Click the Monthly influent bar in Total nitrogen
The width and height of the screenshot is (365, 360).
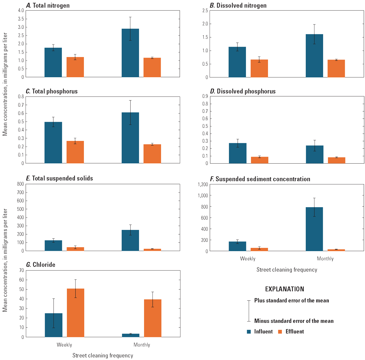pyautogui.click(x=130, y=53)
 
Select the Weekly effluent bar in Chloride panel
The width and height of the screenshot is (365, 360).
pyautogui.click(x=76, y=313)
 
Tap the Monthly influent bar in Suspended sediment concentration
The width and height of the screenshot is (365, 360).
pyautogui.click(x=314, y=229)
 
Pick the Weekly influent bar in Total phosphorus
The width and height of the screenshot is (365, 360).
pyautogui.click(x=53, y=143)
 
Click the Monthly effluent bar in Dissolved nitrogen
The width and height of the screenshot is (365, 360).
pyautogui.click(x=336, y=69)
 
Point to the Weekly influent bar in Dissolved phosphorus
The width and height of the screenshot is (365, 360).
pyautogui.click(x=238, y=153)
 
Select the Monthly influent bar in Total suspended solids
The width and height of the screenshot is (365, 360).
pyautogui.click(x=130, y=240)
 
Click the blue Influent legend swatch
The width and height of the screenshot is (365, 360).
pyautogui.click(x=249, y=332)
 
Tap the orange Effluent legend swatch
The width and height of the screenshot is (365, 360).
pyautogui.click(x=280, y=332)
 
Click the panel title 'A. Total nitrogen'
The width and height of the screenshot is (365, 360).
pyautogui.click(x=48, y=5)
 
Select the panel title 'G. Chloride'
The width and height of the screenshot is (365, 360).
pyautogui.click(x=41, y=265)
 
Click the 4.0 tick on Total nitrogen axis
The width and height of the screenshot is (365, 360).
pyautogui.click(x=21, y=11)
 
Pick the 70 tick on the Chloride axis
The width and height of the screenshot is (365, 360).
pyautogui.click(x=21, y=270)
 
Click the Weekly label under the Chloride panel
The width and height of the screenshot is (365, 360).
pyautogui.click(x=64, y=345)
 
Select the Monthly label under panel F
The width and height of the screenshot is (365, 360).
pyautogui.click(x=325, y=259)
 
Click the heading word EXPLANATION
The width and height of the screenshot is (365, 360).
pyautogui.click(x=284, y=289)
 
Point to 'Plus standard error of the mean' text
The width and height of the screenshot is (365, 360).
pyautogui.click(x=291, y=300)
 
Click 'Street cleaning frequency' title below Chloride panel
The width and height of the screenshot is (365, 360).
pyautogui.click(x=102, y=356)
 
